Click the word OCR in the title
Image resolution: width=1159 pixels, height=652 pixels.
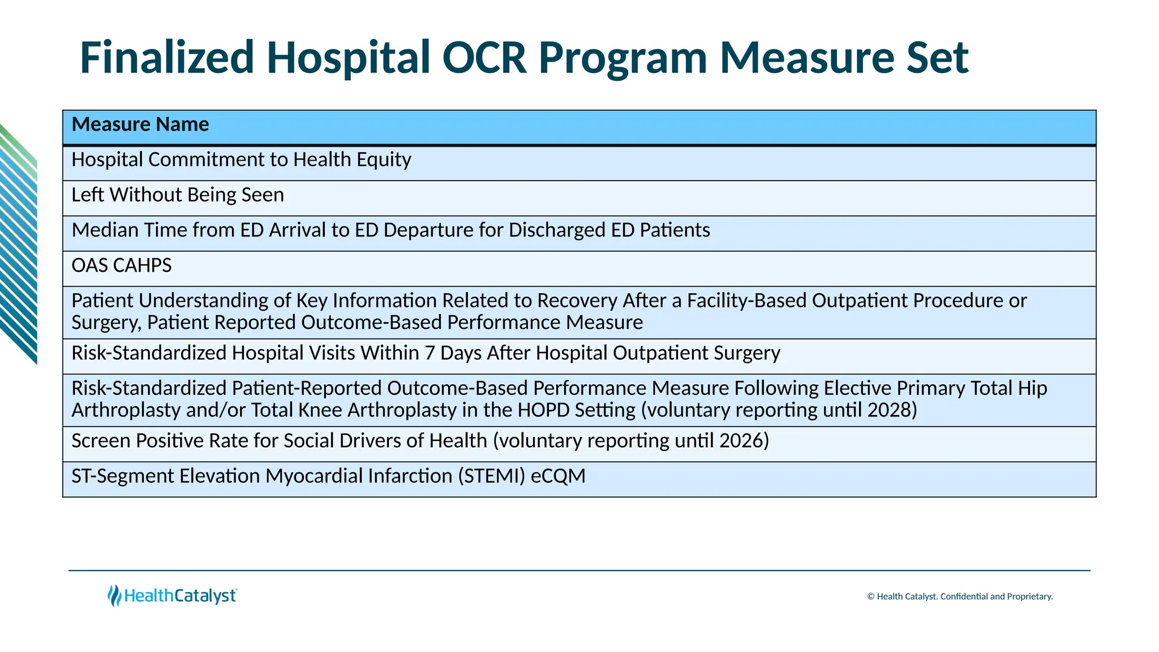(484, 58)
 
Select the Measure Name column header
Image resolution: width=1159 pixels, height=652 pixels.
(140, 125)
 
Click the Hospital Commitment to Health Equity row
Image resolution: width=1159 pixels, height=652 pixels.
(241, 160)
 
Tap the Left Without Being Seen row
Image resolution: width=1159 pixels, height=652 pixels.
(178, 195)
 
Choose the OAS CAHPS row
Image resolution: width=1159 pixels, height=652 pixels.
(122, 265)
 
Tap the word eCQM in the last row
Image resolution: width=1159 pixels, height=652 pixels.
(559, 476)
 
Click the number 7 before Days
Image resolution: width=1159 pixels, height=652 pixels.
(430, 353)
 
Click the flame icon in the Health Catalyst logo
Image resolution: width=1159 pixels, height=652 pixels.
(114, 595)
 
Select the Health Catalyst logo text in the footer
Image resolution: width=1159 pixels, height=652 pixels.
(180, 596)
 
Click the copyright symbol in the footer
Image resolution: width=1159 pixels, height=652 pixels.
(870, 597)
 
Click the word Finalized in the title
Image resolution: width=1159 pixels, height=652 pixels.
(167, 58)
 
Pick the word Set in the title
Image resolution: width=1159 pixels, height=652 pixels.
(937, 58)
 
